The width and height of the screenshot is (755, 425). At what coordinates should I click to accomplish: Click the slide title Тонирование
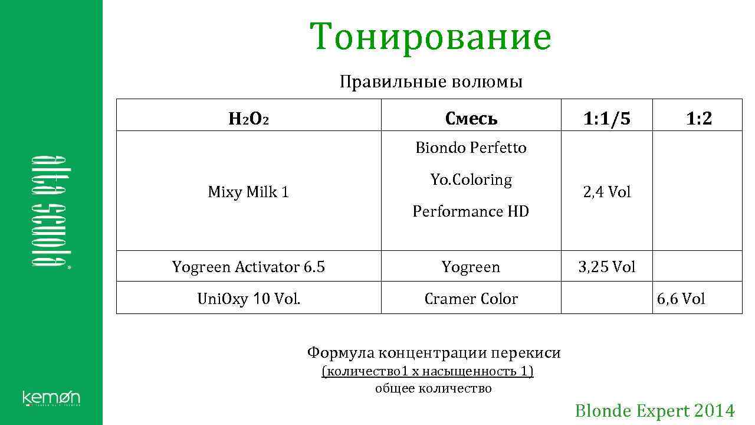tap(431, 37)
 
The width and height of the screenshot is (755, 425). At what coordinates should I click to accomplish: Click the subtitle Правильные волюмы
tap(431, 81)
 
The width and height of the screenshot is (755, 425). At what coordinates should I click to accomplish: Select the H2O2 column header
tap(248, 119)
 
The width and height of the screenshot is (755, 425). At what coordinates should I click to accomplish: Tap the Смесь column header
tap(471, 119)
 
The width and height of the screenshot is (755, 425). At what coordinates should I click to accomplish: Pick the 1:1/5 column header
tap(606, 119)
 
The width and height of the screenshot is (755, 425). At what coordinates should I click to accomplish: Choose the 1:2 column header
tap(698, 119)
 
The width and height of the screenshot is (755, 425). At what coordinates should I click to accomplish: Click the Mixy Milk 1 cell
tap(248, 192)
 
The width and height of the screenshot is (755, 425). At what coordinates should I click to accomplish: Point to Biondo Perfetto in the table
tap(471, 148)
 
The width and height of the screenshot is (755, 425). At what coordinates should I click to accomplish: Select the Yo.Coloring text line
tap(471, 179)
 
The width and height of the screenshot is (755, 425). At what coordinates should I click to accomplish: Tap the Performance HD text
tap(471, 211)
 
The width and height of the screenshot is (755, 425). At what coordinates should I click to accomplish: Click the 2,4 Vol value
tap(606, 192)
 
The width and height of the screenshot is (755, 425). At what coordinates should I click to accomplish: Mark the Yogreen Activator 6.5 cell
tap(248, 267)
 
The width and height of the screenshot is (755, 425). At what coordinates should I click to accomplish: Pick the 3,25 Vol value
tap(606, 267)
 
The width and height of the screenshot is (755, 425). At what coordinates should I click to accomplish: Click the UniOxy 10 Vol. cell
tap(248, 299)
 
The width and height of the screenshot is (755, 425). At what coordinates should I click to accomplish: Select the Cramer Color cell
tap(471, 299)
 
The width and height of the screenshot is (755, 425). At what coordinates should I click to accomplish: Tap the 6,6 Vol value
tap(681, 299)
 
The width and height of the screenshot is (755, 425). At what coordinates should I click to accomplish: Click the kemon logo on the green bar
tap(51, 398)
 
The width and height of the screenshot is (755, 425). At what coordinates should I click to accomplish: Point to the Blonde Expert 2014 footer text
tap(655, 411)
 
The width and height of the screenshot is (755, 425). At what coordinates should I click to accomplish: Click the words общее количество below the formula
tap(433, 388)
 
